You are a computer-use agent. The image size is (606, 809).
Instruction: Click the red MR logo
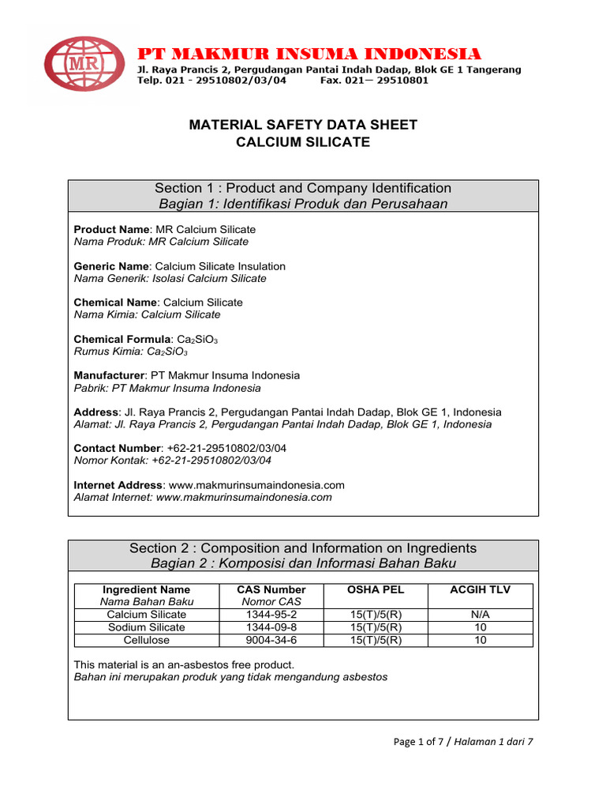pyautogui.click(x=84, y=65)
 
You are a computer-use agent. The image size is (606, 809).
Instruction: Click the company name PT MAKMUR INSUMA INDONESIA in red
pyautogui.click(x=309, y=54)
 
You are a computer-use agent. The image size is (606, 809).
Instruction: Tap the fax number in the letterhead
pyautogui.click(x=375, y=81)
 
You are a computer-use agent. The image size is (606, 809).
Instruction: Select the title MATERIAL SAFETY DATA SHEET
pyautogui.click(x=303, y=125)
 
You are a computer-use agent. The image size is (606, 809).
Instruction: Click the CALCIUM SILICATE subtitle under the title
pyautogui.click(x=303, y=142)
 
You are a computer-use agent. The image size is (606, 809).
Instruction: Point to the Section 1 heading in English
pyautogui.click(x=303, y=188)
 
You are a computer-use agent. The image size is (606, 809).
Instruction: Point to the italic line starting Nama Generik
pyautogui.click(x=170, y=278)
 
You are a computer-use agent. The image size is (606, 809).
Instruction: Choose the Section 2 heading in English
pyautogui.click(x=303, y=548)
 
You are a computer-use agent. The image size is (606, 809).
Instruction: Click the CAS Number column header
pyautogui.click(x=271, y=589)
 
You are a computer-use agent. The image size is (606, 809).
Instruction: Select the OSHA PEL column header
pyautogui.click(x=376, y=589)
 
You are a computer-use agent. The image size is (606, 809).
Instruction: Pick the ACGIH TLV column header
pyautogui.click(x=480, y=589)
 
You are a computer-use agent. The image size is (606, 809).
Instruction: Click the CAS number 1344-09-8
pyautogui.click(x=271, y=627)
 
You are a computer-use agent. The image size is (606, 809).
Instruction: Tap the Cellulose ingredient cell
pyautogui.click(x=146, y=640)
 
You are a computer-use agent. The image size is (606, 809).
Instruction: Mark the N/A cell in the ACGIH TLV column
pyautogui.click(x=480, y=614)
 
